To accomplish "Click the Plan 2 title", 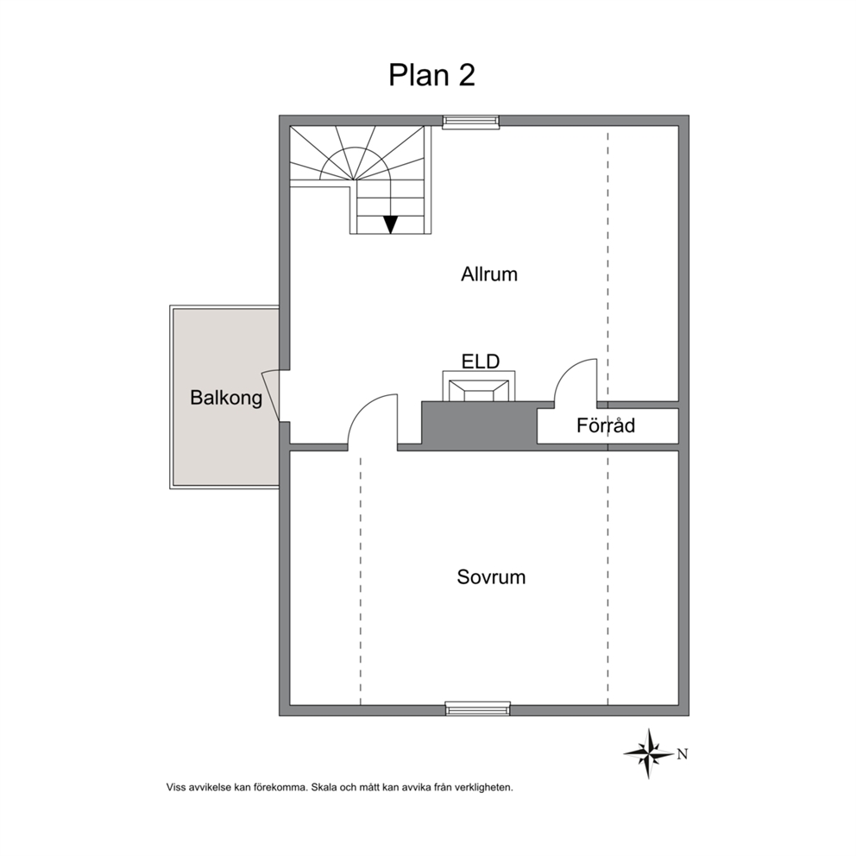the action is pos(431,75).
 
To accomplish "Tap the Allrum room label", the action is pos(489,274).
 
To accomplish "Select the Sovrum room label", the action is pos(491,577).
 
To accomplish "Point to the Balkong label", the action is pos(226,398).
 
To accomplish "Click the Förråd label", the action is pos(606,425).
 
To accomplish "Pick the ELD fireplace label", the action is pos(481,362).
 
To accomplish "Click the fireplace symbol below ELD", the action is pos(479,387).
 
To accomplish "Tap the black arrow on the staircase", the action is pos(390,224).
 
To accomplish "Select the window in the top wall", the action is pos(470,122).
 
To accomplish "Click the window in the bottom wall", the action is pos(478,708).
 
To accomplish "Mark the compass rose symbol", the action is pos(649,753).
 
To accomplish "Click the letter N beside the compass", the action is pos(682,754).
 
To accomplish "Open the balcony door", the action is pos(271,396).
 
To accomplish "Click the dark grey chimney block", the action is pos(479,425).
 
